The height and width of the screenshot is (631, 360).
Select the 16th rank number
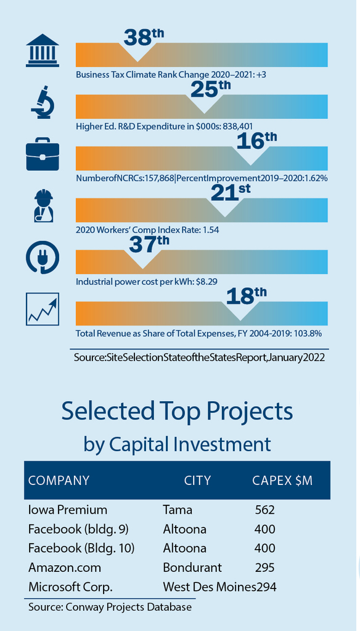[x=257, y=141]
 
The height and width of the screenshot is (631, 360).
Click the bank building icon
[x=43, y=50]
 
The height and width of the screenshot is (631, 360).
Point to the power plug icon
[x=43, y=257]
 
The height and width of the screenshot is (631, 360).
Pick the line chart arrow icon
[x=43, y=309]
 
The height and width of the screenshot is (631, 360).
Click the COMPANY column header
[x=59, y=481]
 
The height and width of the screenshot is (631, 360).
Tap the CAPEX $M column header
[x=282, y=481]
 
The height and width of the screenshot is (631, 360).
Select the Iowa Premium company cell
[x=68, y=510]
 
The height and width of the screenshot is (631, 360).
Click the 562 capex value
[x=265, y=510]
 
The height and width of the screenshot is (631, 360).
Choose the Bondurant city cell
[x=192, y=568]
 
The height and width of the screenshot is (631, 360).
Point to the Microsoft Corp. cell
[x=70, y=587]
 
